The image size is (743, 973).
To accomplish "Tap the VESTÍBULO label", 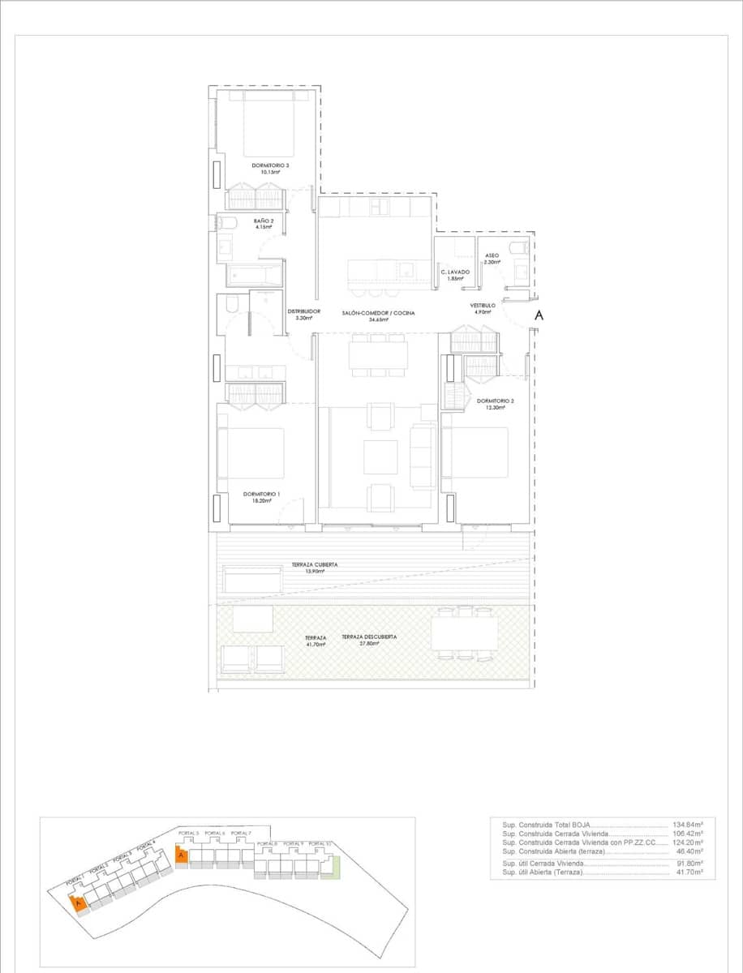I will [483, 306].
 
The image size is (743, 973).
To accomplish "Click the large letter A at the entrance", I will [537, 316].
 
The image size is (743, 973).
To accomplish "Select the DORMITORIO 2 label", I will [495, 401].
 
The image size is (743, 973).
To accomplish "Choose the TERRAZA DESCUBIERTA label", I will [369, 637].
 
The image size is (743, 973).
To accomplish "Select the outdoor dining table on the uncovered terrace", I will [464, 632].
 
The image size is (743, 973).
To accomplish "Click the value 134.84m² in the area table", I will [687, 825].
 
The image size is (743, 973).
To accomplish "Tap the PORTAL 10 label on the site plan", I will [321, 844].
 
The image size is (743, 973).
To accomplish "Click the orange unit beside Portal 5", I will [183, 855].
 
